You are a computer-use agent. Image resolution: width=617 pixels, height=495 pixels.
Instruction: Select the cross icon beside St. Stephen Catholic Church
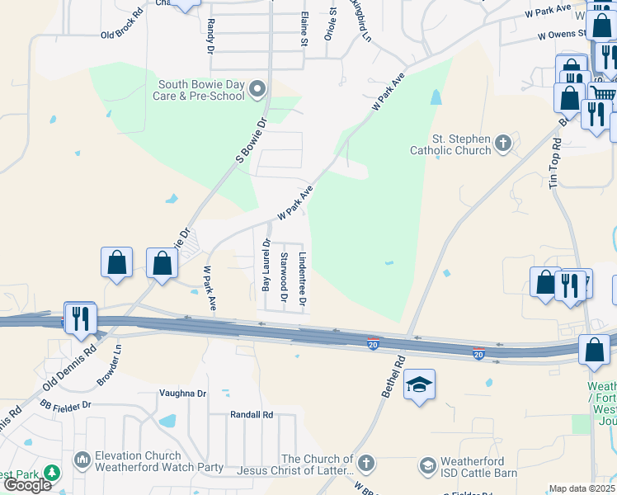[502, 145]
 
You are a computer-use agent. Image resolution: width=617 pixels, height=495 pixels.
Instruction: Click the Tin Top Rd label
[556, 162]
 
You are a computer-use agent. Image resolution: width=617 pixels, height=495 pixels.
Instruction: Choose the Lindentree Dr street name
[303, 280]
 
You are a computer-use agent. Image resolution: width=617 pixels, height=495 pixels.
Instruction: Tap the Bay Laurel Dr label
[266, 265]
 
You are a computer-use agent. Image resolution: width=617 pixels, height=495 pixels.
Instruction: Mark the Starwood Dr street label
[285, 276]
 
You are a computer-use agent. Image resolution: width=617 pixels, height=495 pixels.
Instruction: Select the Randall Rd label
[252, 415]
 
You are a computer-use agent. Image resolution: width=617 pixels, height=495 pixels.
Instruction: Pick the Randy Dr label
[210, 36]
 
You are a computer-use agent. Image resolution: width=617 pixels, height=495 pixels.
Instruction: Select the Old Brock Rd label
[121, 35]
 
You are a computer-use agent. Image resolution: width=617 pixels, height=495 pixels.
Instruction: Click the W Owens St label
[562, 35]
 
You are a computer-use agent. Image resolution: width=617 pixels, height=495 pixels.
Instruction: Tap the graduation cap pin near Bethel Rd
[419, 384]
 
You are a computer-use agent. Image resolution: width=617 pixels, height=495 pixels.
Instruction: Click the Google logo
[28, 484]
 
